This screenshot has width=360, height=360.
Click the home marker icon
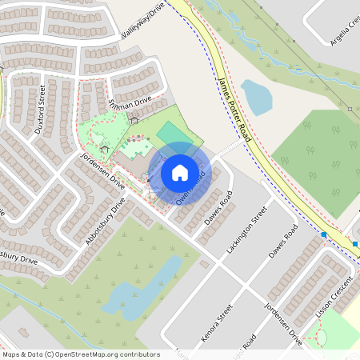(180, 172)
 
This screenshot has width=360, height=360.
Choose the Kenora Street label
(216, 323)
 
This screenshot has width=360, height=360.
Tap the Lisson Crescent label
(334, 297)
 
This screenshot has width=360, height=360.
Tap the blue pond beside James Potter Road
(257, 96)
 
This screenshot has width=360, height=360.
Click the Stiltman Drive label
(130, 106)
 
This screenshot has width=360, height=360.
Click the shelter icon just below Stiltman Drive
(134, 120)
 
